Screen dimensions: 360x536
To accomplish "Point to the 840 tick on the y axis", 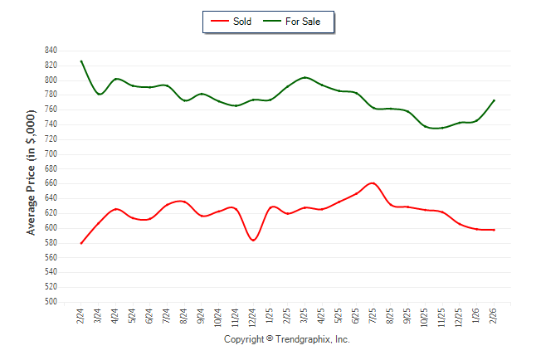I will (51, 51).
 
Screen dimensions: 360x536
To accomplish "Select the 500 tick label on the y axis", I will (51, 302).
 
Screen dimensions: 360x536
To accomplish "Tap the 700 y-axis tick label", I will (51, 154).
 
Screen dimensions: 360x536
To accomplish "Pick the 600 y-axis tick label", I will (51, 228).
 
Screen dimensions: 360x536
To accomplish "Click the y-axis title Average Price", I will (32, 177).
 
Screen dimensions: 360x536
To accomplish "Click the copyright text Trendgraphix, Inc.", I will (287, 340).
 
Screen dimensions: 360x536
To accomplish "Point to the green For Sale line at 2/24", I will (81, 61).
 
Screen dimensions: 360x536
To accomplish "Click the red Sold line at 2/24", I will (81, 243).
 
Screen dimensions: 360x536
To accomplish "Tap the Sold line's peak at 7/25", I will (373, 183).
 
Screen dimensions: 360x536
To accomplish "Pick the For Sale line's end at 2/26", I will (495, 100).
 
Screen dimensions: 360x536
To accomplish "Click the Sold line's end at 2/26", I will (495, 230).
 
